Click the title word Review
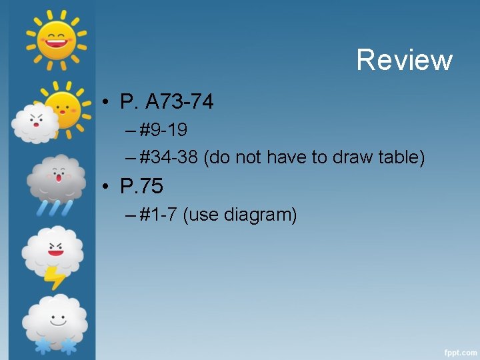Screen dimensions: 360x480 pyautogui.click(x=404, y=60)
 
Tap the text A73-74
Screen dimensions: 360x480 pyautogui.click(x=179, y=102)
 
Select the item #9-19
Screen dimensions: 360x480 pyautogui.click(x=163, y=128)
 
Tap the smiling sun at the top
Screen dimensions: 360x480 pyautogui.click(x=56, y=37)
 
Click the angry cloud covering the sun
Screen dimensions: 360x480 pyautogui.click(x=34, y=122)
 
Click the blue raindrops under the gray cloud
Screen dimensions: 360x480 pyautogui.click(x=56, y=207)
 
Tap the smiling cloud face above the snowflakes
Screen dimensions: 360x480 pyautogui.click(x=55, y=317)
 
